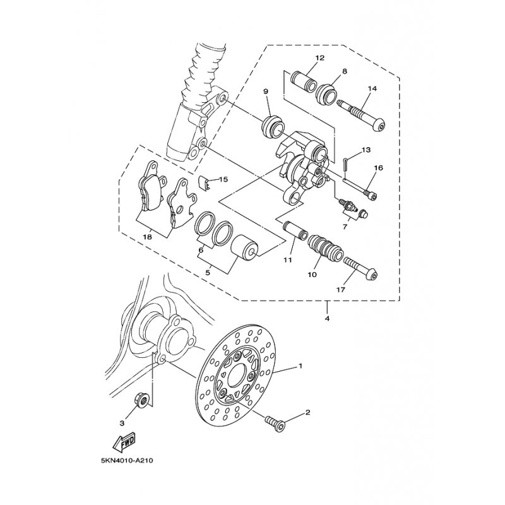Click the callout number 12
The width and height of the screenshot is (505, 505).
click(x=320, y=58)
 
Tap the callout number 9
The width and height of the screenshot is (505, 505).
click(x=266, y=92)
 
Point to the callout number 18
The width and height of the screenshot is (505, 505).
click(x=148, y=237)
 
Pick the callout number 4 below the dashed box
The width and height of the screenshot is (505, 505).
click(x=327, y=319)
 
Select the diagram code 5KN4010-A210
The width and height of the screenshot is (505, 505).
click(x=127, y=461)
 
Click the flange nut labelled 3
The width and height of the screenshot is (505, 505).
click(x=141, y=400)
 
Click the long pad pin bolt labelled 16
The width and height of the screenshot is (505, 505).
click(x=360, y=188)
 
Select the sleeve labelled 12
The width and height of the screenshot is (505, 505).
click(x=304, y=83)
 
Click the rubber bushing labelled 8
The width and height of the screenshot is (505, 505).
click(x=326, y=94)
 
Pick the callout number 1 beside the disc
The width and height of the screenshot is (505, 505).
click(x=300, y=366)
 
